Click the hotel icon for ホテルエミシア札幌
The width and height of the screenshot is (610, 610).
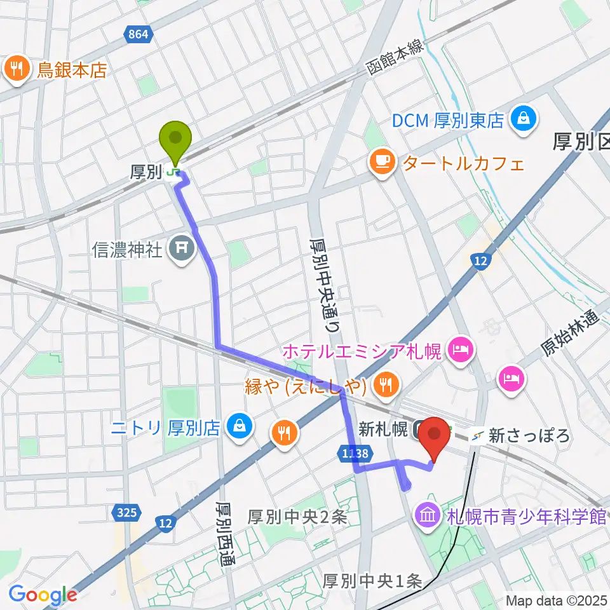[459, 349]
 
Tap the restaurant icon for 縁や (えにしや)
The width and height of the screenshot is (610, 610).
[385, 383]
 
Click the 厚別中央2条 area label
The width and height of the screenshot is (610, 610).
[297, 517]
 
